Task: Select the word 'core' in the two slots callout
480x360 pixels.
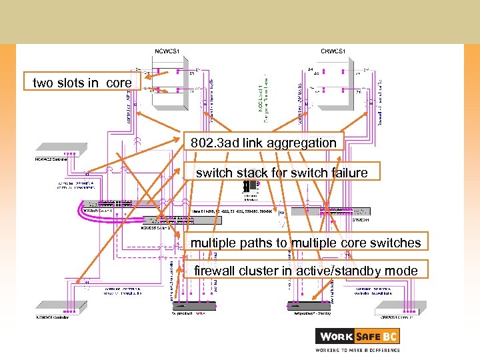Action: (119, 83)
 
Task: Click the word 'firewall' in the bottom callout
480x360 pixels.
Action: (217, 271)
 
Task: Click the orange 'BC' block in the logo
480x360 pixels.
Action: (389, 337)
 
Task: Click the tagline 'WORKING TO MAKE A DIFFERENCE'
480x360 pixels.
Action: (357, 350)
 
